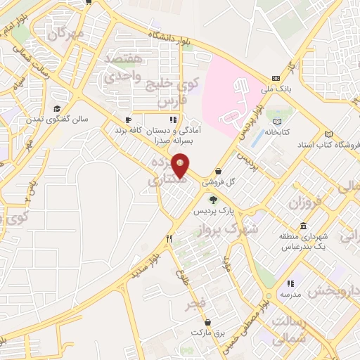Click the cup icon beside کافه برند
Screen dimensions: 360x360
pyautogui.click(x=127, y=120)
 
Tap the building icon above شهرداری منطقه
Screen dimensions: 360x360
pyautogui.click(x=303, y=226)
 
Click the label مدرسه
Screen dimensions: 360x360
pyautogui.click(x=289, y=294)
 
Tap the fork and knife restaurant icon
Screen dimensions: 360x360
pyautogui.click(x=169, y=239)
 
